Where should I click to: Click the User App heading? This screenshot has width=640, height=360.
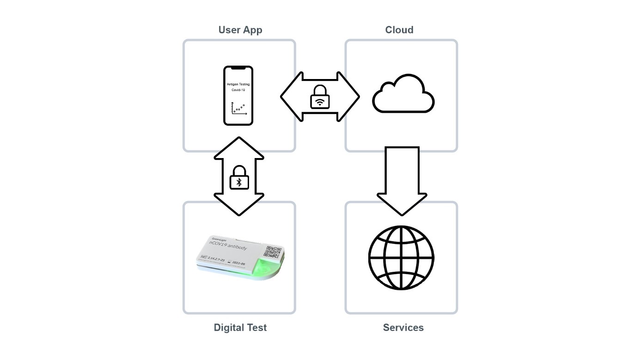coord(240,30)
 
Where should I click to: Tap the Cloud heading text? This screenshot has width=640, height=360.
coord(399,30)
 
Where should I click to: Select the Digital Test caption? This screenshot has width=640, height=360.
coord(240,328)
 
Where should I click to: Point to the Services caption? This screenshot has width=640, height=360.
coord(403,328)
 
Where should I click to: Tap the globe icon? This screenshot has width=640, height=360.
coord(401,257)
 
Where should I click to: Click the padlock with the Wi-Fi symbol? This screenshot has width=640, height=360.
coord(320,97)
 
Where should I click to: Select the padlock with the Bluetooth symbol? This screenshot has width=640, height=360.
coord(239,178)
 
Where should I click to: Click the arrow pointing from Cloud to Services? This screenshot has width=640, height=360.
coord(402,180)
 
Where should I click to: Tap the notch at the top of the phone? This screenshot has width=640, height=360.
coord(238,68)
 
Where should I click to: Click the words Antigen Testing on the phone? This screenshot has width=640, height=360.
coord(238,85)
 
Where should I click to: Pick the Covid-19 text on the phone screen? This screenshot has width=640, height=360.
coord(238,90)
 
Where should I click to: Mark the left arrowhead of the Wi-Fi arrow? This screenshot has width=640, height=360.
coord(289,97)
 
